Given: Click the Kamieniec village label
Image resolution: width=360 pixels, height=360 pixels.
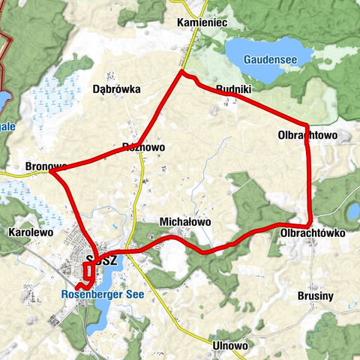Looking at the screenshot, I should point(202,23).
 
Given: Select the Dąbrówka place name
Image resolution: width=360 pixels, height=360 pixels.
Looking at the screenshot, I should point(116,88).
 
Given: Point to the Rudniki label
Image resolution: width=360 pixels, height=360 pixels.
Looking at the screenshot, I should point(232,88).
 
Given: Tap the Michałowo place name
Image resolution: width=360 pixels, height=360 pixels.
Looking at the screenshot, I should point(185,222).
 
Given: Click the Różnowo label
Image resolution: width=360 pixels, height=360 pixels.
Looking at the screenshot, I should point(142,147).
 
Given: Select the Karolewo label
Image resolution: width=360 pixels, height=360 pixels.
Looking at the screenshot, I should point(30,233).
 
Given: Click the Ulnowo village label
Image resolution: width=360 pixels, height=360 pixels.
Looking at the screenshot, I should point(230,346).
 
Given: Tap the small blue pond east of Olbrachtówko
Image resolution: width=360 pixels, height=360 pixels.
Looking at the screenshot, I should point(353,212).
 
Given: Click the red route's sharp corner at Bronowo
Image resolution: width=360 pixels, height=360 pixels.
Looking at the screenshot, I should point(52,172).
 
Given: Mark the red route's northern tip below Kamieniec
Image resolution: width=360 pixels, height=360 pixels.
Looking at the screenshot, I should point(181,72).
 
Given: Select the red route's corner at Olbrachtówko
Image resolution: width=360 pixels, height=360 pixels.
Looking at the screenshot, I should point(310,225).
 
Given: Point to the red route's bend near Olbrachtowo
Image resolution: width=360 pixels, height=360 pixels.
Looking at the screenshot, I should point(306,126).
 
